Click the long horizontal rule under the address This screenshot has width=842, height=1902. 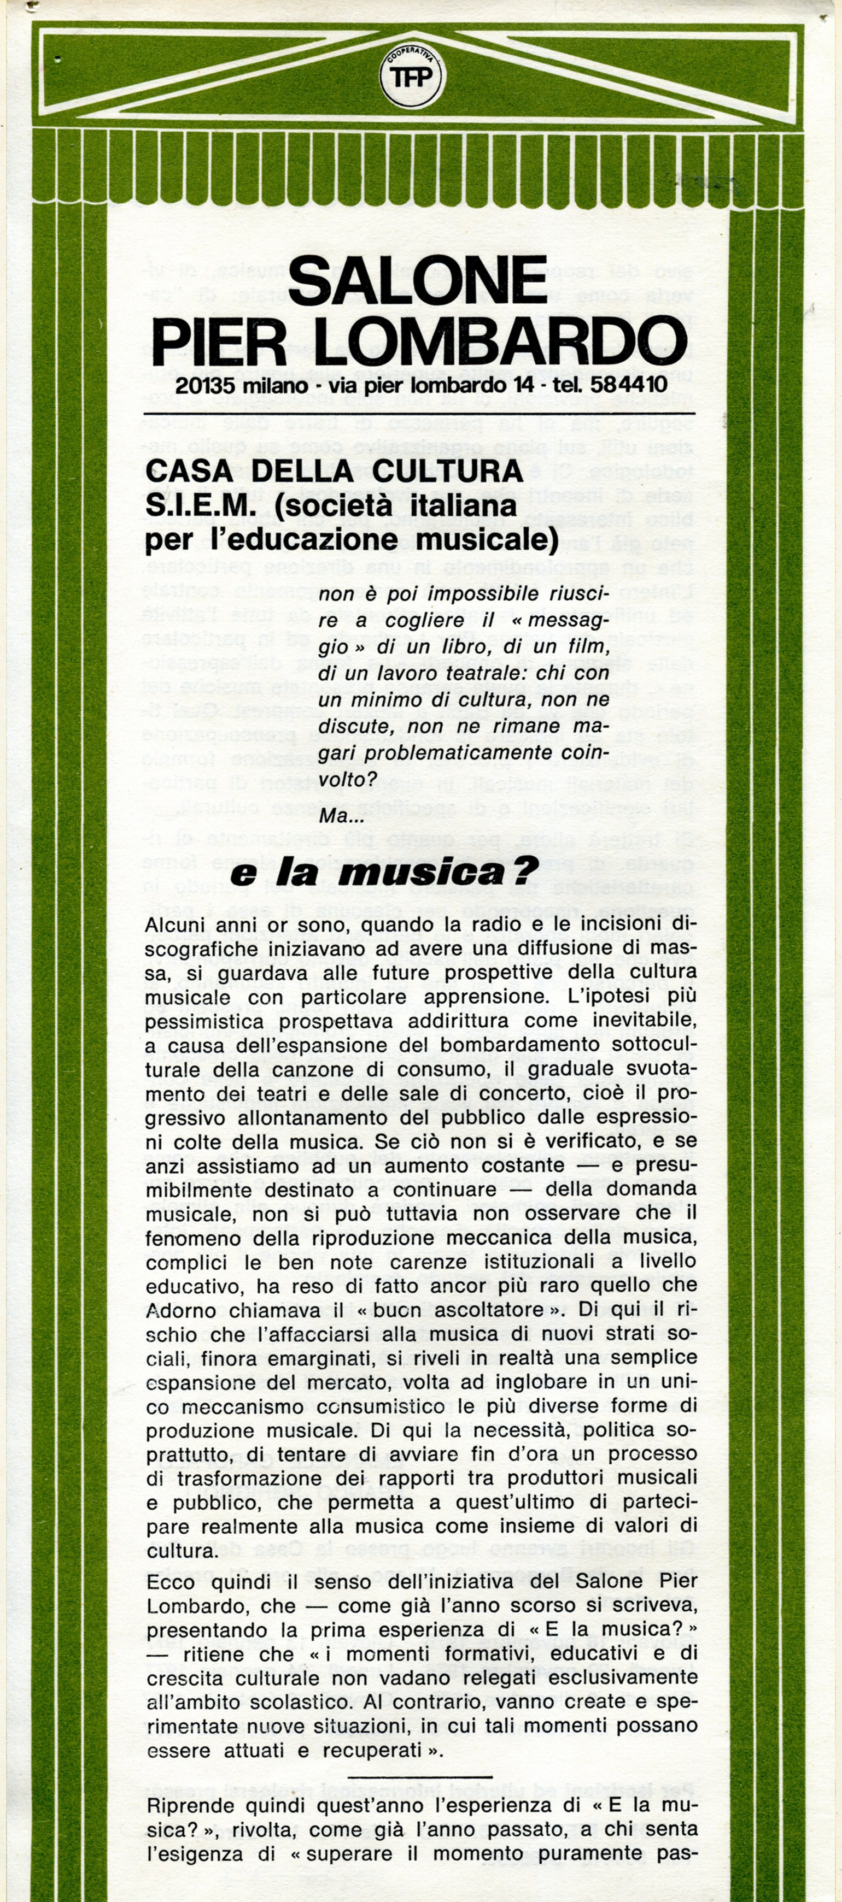tap(419, 412)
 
